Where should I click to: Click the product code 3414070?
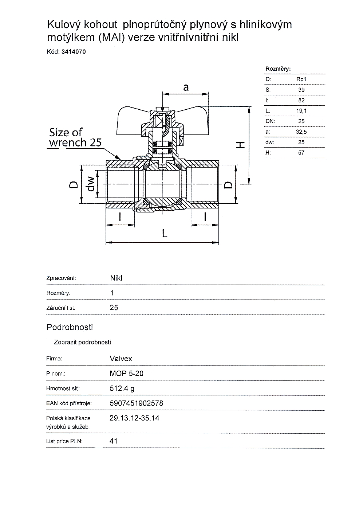pos(74,52)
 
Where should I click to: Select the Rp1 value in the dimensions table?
pos(301,79)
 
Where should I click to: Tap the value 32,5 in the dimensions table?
pos(301,132)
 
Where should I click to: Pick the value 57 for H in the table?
pos(301,153)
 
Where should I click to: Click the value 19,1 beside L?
pos(301,111)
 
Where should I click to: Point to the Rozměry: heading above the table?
pos(278,69)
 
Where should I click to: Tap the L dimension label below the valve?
pos(165,233)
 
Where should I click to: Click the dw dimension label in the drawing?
pos(91,184)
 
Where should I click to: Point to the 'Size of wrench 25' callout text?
pos(75,137)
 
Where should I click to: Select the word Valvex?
pos(121,359)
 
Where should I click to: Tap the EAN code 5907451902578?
pos(136,403)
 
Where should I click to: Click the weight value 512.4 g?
pos(122,388)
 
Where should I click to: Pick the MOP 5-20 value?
pos(124,374)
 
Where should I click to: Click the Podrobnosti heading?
pos(70,327)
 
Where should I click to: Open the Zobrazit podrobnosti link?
pos(82,342)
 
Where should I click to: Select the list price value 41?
pos(113,441)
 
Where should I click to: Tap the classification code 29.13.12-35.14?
pos(134,418)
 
